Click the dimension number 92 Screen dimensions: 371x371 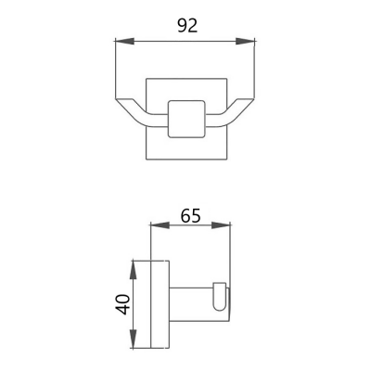187,26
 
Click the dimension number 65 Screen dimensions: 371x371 191,215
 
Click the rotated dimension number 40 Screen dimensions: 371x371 122,304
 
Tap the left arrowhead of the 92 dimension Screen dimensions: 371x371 124,42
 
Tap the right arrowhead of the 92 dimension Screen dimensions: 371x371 245,42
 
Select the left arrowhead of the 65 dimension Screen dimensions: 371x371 160,225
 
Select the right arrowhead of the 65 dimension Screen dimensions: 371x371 221,225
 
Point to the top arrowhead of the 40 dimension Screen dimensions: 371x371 133,271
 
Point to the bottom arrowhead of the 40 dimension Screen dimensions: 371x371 133,339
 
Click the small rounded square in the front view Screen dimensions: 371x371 186,119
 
